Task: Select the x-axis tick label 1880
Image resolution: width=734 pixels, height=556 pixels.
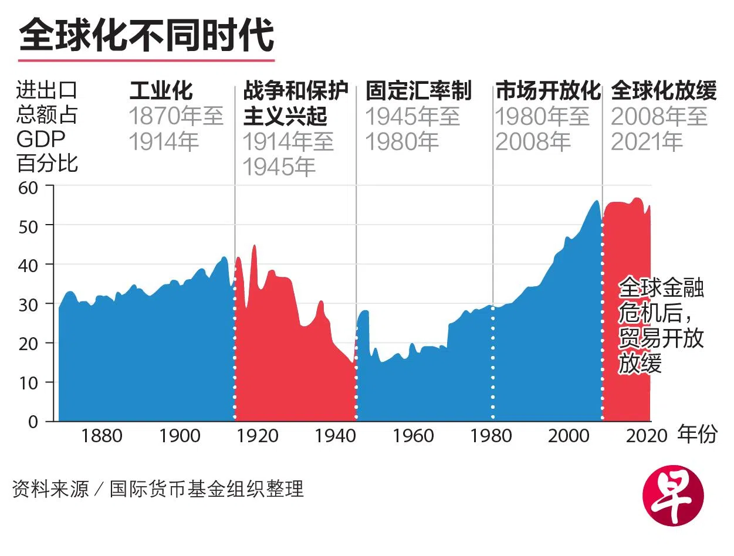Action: tap(102, 436)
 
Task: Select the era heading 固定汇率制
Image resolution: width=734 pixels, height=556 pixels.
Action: tap(418, 91)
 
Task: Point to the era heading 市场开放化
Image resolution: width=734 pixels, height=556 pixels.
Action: tap(548, 91)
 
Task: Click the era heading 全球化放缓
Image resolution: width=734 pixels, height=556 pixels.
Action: tap(664, 91)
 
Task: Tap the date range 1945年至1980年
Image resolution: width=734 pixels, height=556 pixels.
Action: tap(412, 129)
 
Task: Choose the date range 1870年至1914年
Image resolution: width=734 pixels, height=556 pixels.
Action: tap(176, 129)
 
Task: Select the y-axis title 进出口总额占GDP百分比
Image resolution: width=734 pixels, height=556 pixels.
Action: tap(47, 127)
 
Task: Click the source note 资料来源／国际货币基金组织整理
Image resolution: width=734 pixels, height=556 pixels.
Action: tap(158, 489)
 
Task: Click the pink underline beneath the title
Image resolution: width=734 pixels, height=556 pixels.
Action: tap(146, 60)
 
